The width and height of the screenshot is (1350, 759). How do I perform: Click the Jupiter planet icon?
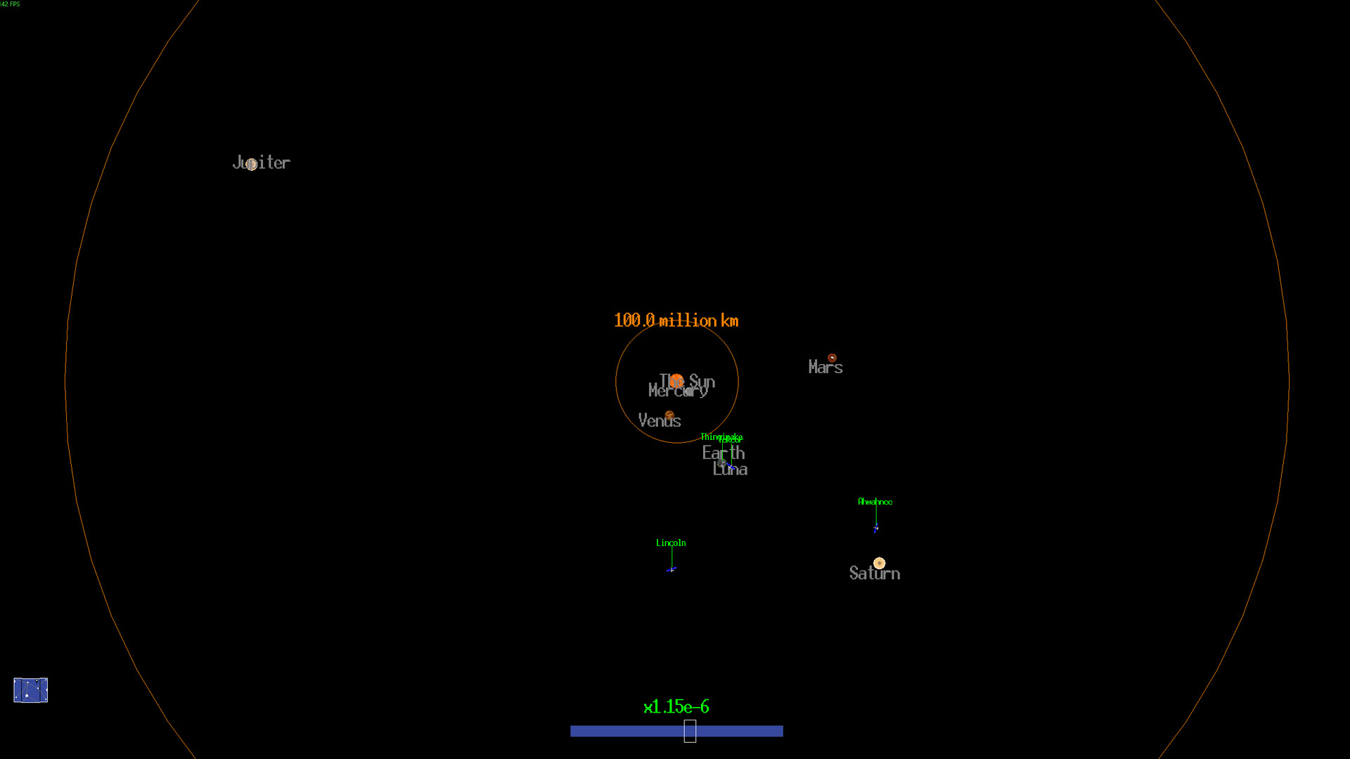(x=252, y=164)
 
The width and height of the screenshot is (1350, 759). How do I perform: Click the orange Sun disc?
(x=676, y=381)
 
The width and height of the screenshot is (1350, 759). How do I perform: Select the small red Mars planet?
(x=832, y=358)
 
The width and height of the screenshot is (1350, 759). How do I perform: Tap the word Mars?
(x=825, y=368)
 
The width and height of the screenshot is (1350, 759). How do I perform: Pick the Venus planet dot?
(x=669, y=415)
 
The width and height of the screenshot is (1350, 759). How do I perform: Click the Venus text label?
(x=659, y=421)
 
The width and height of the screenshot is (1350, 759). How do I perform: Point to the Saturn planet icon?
(x=879, y=563)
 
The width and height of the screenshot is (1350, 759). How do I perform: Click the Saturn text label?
(x=874, y=573)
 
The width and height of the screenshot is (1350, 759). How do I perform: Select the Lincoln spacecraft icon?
(x=671, y=569)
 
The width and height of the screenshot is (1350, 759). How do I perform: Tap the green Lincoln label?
(x=671, y=543)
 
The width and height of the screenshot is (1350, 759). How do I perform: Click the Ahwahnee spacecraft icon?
(x=875, y=529)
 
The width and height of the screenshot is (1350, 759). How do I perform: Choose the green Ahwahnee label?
(x=875, y=502)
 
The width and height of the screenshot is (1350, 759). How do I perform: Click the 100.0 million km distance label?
(x=676, y=320)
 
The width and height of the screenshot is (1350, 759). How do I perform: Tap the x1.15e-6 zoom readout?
(x=676, y=706)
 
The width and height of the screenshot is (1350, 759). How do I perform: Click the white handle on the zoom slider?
(x=690, y=731)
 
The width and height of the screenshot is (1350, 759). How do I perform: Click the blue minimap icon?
(x=31, y=690)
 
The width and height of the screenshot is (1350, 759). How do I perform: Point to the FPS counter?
(x=11, y=4)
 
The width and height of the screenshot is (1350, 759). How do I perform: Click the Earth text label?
(x=723, y=453)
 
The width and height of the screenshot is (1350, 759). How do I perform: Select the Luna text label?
(x=730, y=470)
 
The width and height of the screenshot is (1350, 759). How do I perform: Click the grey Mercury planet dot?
(x=688, y=391)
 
